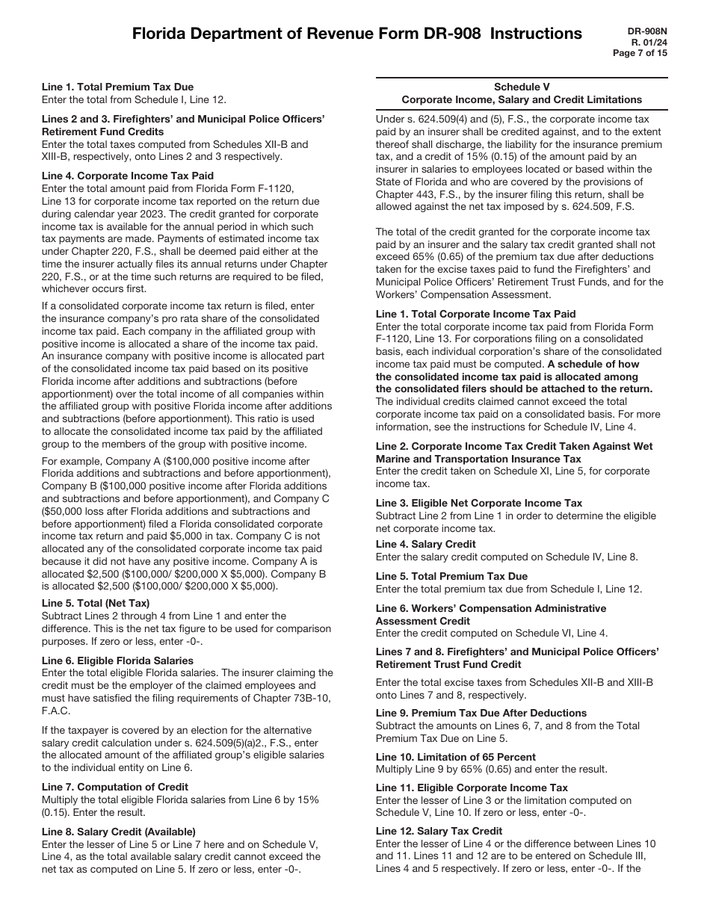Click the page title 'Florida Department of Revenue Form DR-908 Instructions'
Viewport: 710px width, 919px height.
[x=356, y=34]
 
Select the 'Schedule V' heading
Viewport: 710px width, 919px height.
[x=522, y=87]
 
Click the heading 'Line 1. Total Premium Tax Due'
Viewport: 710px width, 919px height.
[x=117, y=87]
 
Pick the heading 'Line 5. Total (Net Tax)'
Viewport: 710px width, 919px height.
[x=96, y=604]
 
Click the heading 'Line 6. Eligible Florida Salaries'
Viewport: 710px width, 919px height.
[x=117, y=660]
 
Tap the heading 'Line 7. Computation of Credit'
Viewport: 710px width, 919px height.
[x=115, y=787]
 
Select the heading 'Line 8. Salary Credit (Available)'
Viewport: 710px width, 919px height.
[x=119, y=832]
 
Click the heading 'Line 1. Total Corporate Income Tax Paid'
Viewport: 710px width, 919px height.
[x=475, y=315]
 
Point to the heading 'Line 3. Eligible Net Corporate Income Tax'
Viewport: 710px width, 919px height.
[x=478, y=504]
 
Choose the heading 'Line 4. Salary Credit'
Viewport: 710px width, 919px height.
[x=425, y=545]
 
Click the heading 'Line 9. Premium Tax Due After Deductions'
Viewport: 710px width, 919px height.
[x=481, y=714]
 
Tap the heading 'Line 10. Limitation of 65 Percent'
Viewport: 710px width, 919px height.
[x=455, y=758]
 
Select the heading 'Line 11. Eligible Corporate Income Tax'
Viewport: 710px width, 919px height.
[x=472, y=788]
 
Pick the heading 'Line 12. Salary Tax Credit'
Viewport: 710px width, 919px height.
[x=439, y=832]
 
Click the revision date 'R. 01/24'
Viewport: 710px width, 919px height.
[x=648, y=42]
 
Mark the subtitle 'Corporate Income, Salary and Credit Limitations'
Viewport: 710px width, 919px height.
[x=522, y=99]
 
